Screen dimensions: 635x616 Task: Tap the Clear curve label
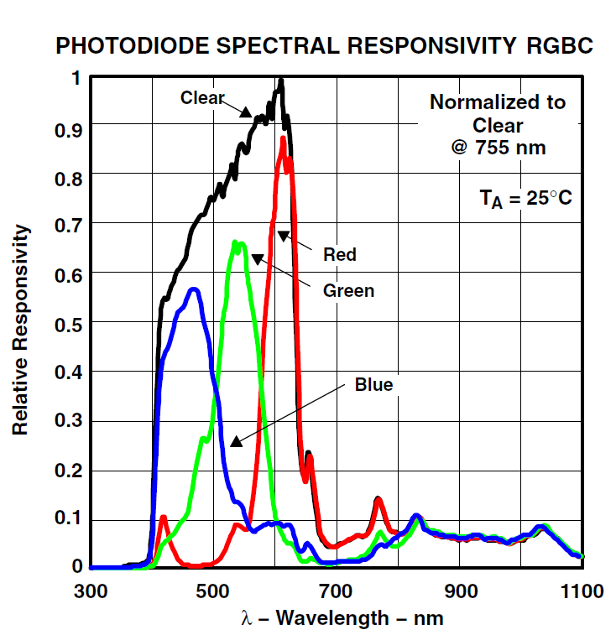coord(202,98)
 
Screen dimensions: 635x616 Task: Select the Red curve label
coord(340,254)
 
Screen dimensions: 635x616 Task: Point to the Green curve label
coord(348,291)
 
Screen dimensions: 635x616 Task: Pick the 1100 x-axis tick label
coord(582,591)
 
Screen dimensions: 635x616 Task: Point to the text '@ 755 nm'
coord(498,148)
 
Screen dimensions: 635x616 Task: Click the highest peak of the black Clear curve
coord(281,81)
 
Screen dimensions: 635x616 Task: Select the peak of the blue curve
coord(194,289)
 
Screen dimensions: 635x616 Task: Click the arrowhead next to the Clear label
coord(247,112)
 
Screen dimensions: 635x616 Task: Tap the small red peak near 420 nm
coord(163,517)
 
